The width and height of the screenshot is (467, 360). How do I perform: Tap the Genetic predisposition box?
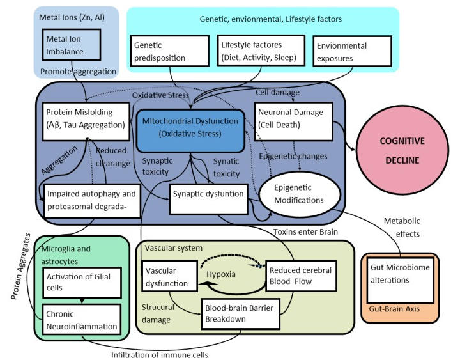point(169,52)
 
